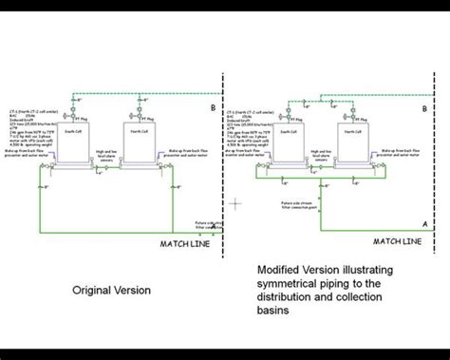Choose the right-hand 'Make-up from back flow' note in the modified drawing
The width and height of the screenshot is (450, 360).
point(404,153)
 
